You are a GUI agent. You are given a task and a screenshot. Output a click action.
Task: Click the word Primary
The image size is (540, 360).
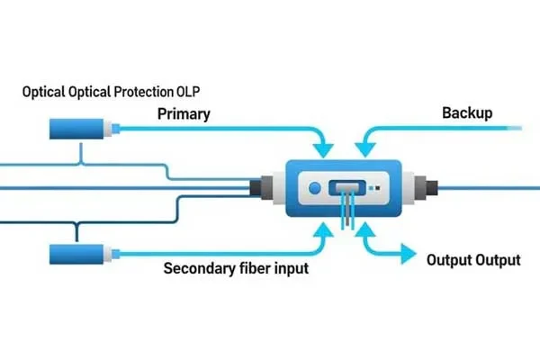click(x=184, y=114)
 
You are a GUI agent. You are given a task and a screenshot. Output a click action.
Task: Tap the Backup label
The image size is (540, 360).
click(x=466, y=114)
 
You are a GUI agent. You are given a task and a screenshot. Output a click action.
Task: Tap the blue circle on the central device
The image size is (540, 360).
click(x=314, y=189)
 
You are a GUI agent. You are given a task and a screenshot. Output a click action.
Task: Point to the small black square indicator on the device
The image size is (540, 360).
click(x=376, y=190)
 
